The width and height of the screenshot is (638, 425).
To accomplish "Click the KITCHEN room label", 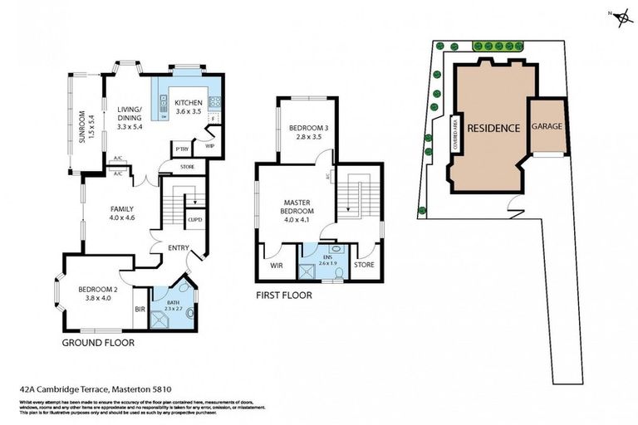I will click(188, 103).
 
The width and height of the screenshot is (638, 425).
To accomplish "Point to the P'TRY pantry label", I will click(179, 149).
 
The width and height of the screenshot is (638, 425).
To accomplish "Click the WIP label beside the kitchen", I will click(210, 146).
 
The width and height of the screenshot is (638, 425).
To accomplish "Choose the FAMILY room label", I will click(122, 209).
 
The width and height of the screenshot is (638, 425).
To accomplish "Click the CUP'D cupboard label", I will click(195, 219).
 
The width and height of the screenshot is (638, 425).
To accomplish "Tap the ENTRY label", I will click(177, 248).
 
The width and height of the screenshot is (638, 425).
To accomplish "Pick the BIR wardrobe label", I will click(139, 310).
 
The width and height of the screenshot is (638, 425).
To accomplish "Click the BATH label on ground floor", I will click(173, 303).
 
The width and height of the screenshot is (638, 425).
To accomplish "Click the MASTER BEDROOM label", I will click(297, 210).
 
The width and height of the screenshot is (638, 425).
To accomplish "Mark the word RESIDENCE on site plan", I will click(493, 128).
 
